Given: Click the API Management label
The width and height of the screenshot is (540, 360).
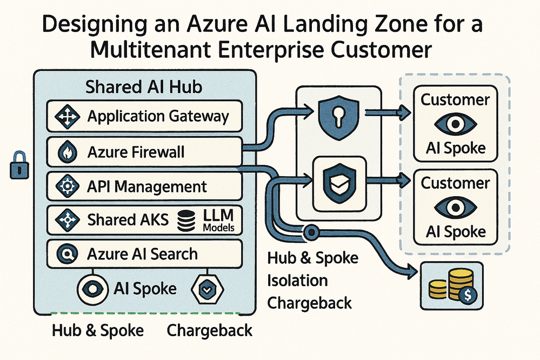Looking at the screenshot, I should click(147, 187).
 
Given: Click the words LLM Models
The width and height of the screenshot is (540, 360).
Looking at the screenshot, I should click(218, 220).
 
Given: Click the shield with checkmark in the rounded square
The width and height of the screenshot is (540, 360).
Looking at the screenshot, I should click(339, 181).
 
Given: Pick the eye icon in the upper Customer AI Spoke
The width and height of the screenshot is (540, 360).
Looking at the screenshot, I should click(455, 124).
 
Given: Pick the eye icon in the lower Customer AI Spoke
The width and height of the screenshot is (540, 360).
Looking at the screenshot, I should click(455, 207).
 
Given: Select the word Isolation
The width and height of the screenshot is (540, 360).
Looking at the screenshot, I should click(297, 280).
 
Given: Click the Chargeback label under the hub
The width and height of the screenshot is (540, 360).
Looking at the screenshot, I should click(209, 330).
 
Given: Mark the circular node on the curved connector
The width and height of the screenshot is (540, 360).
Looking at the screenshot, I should click(311, 233).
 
